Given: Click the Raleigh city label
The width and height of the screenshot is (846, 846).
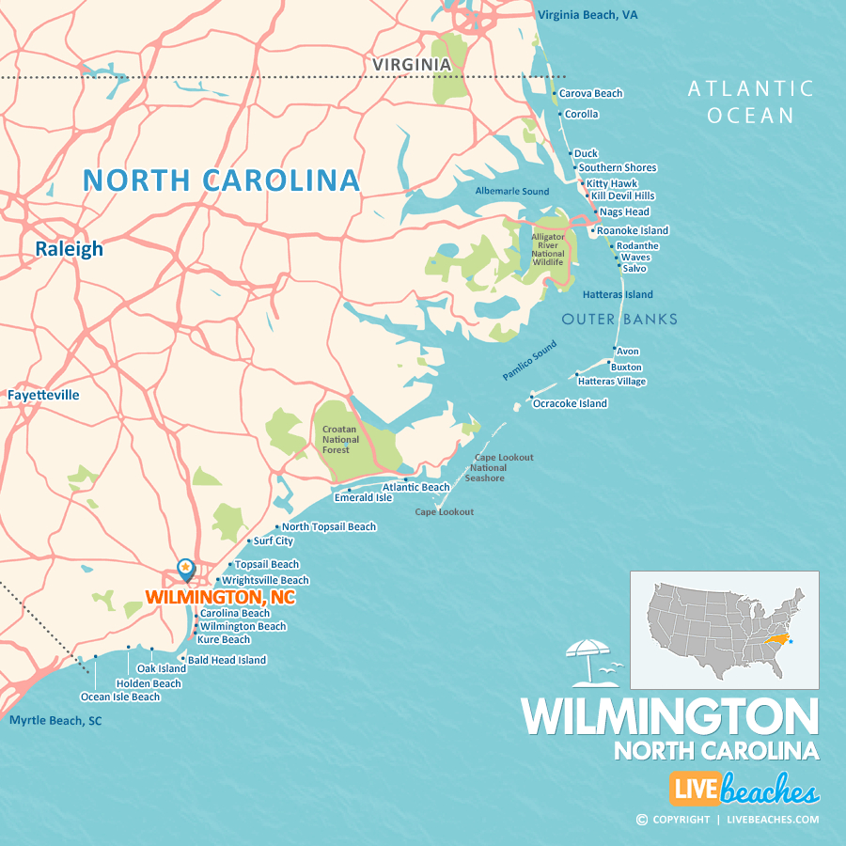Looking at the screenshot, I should (70, 249).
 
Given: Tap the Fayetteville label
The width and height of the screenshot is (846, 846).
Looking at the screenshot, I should (43, 395).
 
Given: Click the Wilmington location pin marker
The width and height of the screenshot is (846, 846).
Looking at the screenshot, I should (186, 569).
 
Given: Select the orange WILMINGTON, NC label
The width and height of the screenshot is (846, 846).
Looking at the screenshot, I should (220, 597).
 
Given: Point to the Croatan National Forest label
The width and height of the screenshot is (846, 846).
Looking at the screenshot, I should (340, 439).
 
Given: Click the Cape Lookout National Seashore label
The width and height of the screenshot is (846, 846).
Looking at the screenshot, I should (488, 467).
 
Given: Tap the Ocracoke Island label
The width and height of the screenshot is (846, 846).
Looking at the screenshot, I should (570, 403).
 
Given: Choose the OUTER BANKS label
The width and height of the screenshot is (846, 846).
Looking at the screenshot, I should (619, 320).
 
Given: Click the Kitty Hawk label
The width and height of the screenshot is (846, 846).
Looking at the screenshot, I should (611, 183).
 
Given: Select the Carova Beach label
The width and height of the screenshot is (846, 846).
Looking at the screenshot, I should (590, 93).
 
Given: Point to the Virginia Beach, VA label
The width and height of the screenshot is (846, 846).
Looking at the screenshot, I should (587, 15).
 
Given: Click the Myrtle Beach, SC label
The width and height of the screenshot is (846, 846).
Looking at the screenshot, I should (55, 721).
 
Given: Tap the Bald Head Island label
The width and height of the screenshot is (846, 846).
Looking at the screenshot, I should (227, 660).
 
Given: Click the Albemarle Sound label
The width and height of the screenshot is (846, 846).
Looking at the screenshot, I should (512, 192).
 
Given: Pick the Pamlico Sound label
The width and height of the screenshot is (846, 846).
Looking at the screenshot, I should (529, 360).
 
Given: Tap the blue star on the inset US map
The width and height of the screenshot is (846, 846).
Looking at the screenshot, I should (791, 641).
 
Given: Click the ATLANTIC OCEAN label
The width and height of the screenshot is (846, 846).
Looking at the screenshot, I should (751, 102).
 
